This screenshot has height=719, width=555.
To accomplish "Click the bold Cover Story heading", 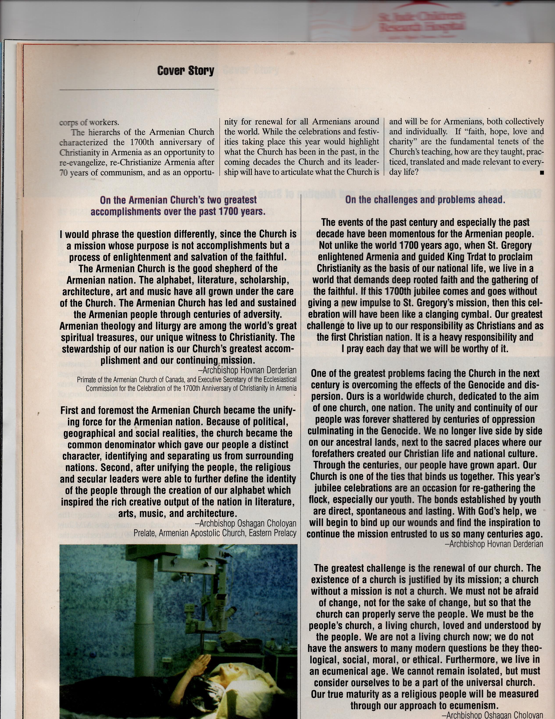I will (186, 70).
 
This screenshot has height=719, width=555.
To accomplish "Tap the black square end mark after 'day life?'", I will (542, 172).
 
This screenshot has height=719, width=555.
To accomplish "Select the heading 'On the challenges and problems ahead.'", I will (425, 200).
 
